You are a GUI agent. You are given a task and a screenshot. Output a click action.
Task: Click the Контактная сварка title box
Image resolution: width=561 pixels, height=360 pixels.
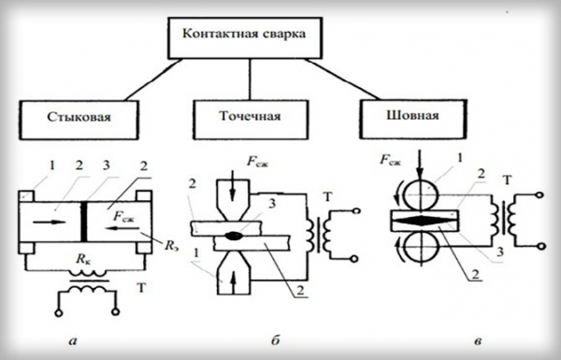coord(245,37)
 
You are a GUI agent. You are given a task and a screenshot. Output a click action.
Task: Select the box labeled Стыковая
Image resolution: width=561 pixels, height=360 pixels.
coord(79,120)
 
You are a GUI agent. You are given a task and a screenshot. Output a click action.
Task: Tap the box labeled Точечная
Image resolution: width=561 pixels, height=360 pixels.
coord(250,119)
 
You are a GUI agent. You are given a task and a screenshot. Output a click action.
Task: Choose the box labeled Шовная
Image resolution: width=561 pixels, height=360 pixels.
coord(413,119)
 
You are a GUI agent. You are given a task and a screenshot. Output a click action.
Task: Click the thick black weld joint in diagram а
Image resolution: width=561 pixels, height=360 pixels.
coord(84,222)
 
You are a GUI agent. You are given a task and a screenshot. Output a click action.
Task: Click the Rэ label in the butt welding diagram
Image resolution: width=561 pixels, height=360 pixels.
coord(171,246)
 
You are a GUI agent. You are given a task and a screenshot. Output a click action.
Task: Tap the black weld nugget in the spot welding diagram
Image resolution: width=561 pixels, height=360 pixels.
coord(233,236)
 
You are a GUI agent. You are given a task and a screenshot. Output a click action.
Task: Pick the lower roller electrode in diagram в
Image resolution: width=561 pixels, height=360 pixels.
coord(422,247)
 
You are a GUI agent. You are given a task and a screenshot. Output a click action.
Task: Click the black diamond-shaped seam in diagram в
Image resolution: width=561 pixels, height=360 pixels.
coord(424,221)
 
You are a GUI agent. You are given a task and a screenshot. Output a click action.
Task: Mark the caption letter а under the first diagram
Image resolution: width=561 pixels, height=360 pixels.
coord(73,340)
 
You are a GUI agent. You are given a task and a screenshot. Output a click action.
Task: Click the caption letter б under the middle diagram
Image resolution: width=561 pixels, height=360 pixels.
coord(275,340)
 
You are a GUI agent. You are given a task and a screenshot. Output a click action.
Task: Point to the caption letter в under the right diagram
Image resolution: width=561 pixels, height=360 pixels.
coord(477,341)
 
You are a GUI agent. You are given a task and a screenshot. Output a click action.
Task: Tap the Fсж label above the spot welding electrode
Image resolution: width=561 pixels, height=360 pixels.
coord(257,162)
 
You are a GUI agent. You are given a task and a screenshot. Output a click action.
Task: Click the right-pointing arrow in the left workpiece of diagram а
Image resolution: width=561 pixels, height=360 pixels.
coord(49,222)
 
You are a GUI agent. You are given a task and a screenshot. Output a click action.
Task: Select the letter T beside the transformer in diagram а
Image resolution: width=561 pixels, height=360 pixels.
coord(142,288)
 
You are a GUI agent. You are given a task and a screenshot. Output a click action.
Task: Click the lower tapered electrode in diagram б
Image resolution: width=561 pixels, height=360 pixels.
coord(234,273)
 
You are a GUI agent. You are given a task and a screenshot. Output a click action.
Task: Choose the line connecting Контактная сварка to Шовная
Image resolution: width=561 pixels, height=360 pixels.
coord(343,79)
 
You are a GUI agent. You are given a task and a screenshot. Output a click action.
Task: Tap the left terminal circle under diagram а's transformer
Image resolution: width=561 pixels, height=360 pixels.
coord(58,312)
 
